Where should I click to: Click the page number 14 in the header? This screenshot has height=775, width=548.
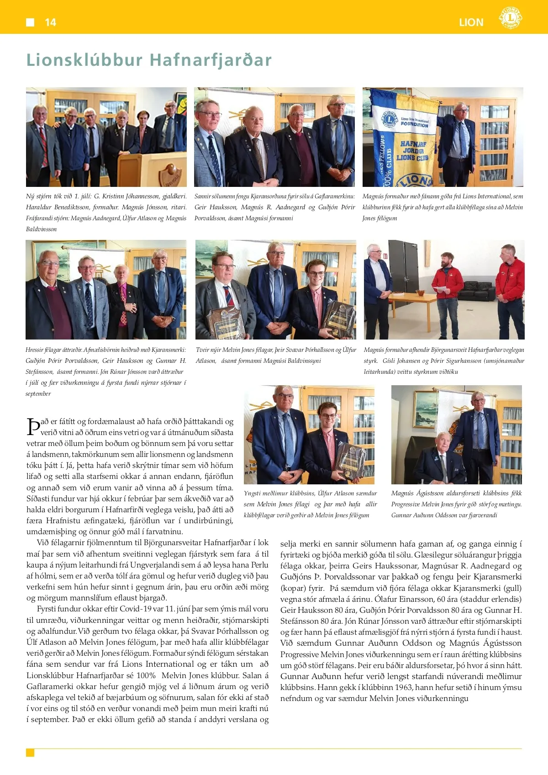pyautogui.click(x=50, y=22)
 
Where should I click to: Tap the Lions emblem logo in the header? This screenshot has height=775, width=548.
pyautogui.click(x=510, y=18)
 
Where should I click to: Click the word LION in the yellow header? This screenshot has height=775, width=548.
pyautogui.click(x=471, y=22)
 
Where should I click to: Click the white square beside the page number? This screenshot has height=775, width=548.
pyautogui.click(x=30, y=22)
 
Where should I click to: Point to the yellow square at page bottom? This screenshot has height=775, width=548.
pyautogui.click(x=30, y=753)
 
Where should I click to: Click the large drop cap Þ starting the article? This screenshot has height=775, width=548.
pyautogui.click(x=33, y=427)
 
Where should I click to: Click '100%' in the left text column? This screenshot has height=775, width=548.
pyautogui.click(x=146, y=675)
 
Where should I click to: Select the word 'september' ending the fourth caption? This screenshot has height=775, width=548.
pyautogui.click(x=38, y=393)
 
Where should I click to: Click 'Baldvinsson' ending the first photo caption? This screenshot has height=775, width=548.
pyautogui.click(x=41, y=229)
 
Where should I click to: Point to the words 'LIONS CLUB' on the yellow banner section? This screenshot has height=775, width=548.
pyautogui.click(x=412, y=158)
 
